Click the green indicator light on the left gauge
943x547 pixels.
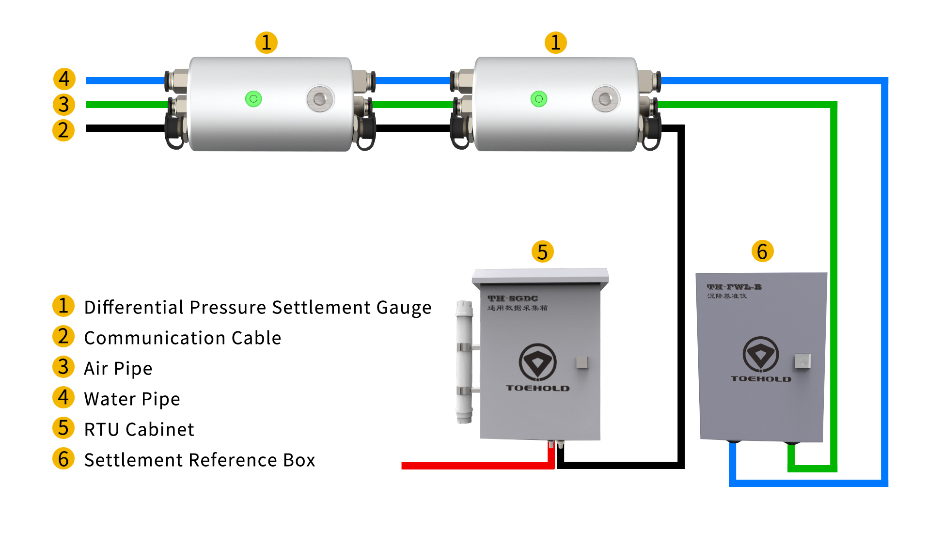[253, 99]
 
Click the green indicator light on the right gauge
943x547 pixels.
[538, 99]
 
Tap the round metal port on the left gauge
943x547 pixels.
[320, 99]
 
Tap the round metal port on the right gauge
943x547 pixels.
[605, 99]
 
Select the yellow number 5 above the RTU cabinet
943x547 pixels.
[542, 251]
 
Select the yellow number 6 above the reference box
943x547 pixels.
[762, 251]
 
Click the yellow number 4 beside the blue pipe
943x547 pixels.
[64, 79]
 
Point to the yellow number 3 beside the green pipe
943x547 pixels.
[63, 105]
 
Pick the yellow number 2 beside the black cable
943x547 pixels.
[63, 130]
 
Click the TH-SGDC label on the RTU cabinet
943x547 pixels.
[513, 298]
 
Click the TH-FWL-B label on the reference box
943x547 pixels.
[734, 287]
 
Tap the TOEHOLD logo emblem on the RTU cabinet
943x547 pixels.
[537, 362]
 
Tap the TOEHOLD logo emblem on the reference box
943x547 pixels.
[760, 355]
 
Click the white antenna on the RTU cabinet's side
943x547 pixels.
[464, 361]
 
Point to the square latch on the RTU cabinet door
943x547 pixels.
[582, 362]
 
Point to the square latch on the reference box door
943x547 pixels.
[802, 361]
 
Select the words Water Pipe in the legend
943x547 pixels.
[132, 399]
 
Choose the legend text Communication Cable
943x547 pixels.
[182, 338]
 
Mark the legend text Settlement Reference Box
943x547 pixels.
[199, 460]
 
